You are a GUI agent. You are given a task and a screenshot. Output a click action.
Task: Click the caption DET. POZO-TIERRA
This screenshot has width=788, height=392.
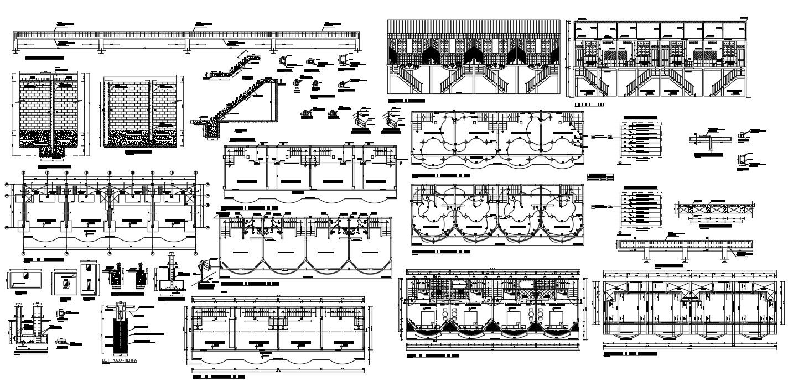point(120,360)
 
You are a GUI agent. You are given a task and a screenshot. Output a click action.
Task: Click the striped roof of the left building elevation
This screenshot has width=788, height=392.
point(474,27)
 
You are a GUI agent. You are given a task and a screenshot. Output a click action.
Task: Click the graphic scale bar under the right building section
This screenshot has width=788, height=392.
point(590,103)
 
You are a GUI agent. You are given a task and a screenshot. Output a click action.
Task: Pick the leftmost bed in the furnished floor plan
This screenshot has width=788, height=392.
point(427,320)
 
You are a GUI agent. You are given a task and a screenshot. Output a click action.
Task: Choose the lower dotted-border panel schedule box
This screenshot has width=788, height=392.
point(640,208)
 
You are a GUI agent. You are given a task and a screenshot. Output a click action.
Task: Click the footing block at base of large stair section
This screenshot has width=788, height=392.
point(212,130)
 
